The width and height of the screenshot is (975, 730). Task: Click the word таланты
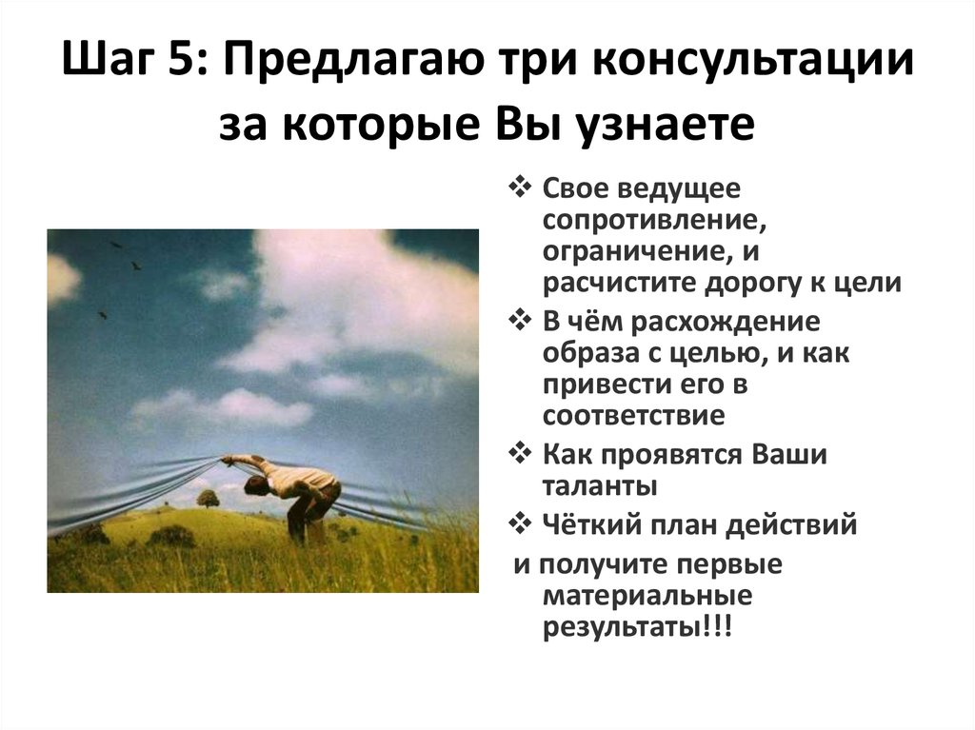[x=600, y=486]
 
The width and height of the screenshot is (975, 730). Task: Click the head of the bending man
[x=255, y=486]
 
